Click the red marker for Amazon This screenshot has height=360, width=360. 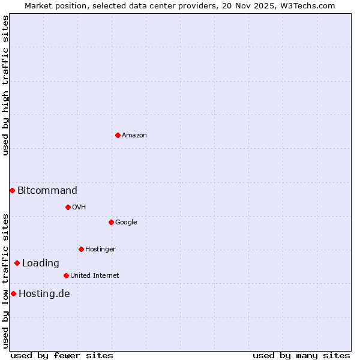tap(118, 135)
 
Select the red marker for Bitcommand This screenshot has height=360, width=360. tap(12, 190)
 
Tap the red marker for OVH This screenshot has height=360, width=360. tap(68, 207)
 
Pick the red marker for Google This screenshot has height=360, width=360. tap(111, 222)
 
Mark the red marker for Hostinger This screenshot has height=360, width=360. tap(81, 249)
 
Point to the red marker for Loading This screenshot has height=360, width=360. tap(17, 263)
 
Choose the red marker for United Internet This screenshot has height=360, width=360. tap(66, 275)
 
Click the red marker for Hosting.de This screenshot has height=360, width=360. tap(13, 293)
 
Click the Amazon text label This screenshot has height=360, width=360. tap(134, 135)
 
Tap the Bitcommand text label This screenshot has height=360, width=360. tap(47, 190)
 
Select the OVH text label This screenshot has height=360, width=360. tap(79, 207)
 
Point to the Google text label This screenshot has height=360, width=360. tap(126, 222)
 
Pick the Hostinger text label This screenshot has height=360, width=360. tap(100, 249)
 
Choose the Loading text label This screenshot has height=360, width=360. tap(41, 263)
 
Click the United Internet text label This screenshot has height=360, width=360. tap(94, 275)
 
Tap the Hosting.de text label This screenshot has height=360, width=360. tap(44, 293)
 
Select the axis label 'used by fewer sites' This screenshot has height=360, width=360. tap(62, 355)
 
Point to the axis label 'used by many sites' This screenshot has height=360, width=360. tap(301, 355)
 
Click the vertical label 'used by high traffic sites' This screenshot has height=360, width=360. tap(5, 85)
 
